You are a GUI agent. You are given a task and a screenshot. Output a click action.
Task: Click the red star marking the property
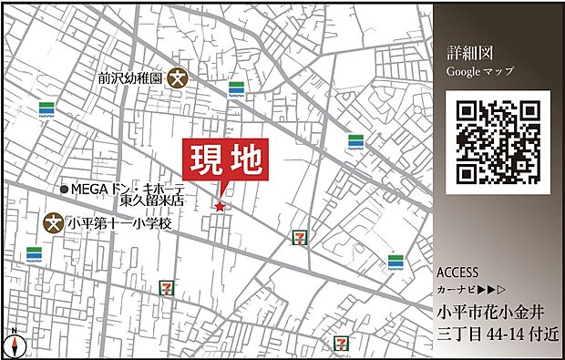[x=220, y=207]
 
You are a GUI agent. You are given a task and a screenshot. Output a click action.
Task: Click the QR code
[x=498, y=141]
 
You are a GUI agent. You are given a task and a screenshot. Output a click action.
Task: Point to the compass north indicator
[x=14, y=345]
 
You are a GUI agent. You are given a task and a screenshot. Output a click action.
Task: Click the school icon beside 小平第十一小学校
[x=55, y=221]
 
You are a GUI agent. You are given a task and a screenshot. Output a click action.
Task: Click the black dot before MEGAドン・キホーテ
[x=64, y=189]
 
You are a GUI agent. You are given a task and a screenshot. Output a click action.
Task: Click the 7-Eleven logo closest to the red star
[x=298, y=238]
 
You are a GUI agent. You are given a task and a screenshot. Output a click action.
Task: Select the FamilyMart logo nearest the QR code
[x=355, y=141]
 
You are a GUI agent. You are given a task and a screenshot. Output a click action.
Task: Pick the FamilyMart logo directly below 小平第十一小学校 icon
[x=35, y=253]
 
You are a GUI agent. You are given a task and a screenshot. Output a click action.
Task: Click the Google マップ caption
[x=479, y=71]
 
